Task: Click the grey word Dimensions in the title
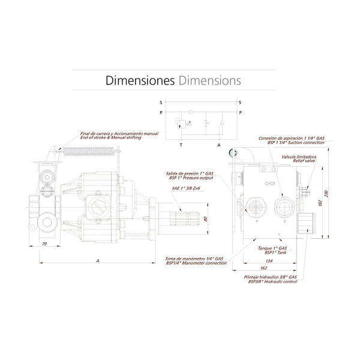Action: pyautogui.click(x=210, y=80)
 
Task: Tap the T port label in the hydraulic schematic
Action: pyautogui.click(x=181, y=145)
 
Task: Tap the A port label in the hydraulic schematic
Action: pyautogui.click(x=219, y=145)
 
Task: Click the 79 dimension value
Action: pyautogui.click(x=44, y=244)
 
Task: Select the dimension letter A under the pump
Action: pyautogui.click(x=97, y=260)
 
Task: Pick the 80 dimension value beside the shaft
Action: pyautogui.click(x=205, y=218)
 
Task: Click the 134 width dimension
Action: pyautogui.click(x=268, y=262)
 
